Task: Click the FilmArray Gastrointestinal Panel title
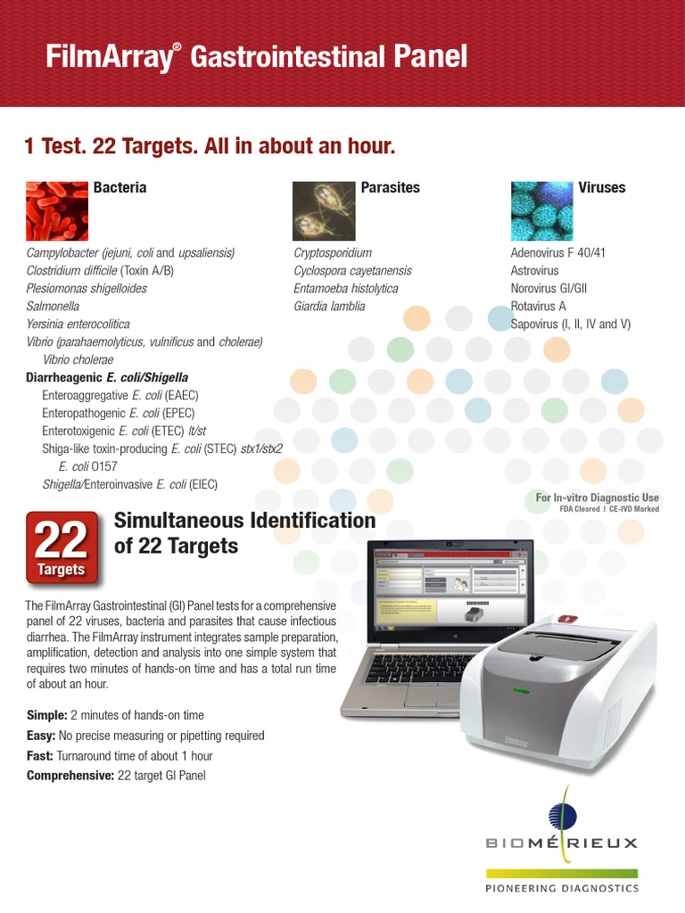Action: point(256,58)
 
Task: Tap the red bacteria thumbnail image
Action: point(56,207)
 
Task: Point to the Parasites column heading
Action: point(390,187)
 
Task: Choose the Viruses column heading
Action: point(601,187)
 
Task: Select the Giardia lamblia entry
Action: point(329,306)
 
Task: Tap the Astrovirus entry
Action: point(534,270)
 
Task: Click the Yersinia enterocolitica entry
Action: point(78,324)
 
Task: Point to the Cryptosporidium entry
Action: point(333,252)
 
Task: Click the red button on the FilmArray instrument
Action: point(565,618)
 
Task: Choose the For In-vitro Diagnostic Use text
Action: point(597,498)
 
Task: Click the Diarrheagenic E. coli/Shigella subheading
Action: point(107,377)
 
